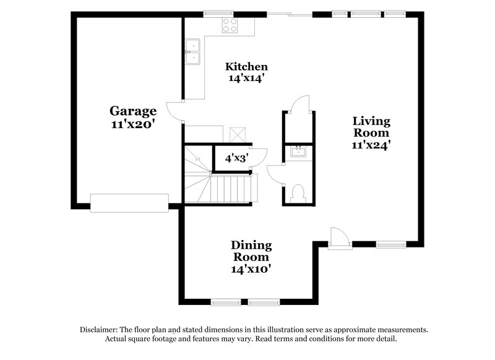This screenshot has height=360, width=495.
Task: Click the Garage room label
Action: tap(133, 111)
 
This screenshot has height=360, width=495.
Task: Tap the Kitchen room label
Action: tap(246, 67)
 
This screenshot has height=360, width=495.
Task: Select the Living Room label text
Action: tap(371, 126)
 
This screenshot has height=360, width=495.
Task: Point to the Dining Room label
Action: tap(251, 251)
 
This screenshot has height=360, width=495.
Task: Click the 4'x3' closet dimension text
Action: tap(236, 158)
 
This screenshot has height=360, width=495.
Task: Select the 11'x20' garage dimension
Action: tap(132, 124)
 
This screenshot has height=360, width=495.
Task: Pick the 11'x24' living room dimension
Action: tap(371, 144)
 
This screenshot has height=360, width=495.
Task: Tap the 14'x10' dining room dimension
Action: tap(251, 269)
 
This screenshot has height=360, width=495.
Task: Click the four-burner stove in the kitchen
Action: tap(231, 25)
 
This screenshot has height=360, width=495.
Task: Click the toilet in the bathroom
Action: tap(296, 192)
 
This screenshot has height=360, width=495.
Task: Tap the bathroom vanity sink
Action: tap(298, 152)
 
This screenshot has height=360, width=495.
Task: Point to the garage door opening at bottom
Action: tap(129, 202)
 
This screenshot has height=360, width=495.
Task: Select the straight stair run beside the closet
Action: tap(233, 188)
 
